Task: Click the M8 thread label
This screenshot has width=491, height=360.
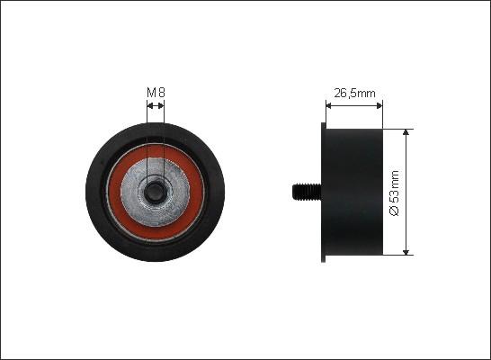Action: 156,91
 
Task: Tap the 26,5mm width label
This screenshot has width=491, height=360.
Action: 353,91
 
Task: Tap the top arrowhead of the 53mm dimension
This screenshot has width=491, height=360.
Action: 407,131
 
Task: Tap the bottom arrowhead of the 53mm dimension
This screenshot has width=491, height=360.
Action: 407,251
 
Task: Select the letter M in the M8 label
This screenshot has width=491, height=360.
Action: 151,91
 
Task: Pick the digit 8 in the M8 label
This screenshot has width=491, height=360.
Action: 161,91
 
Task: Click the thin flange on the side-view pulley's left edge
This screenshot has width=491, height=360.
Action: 324,191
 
